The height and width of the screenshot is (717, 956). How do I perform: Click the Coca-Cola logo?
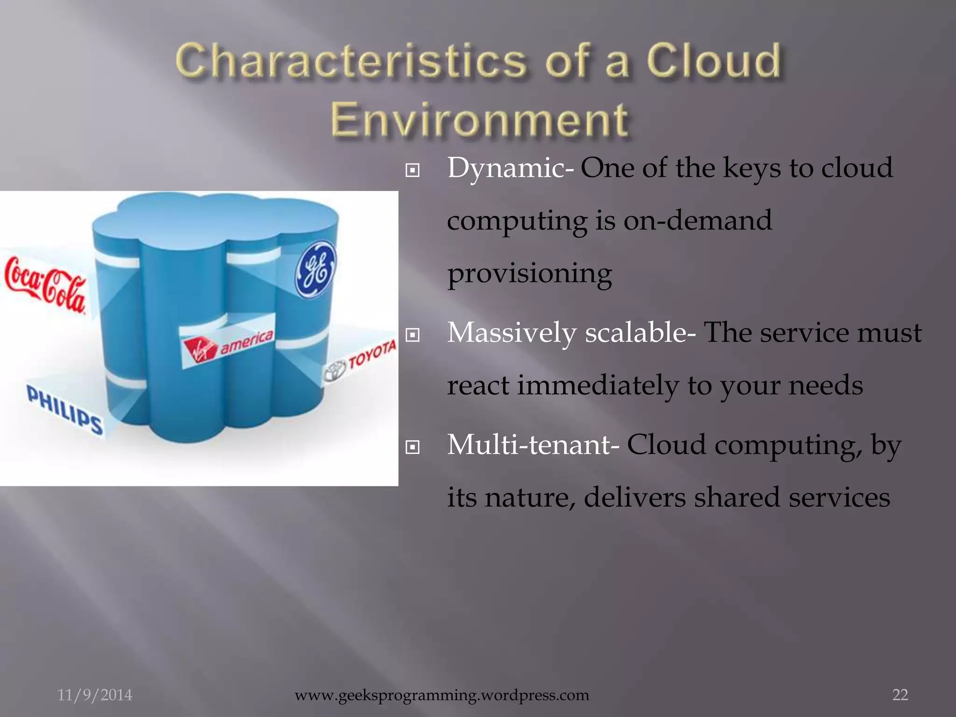[x=45, y=284]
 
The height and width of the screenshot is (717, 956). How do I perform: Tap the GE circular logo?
[x=316, y=270]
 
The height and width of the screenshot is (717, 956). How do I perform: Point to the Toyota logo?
[x=360, y=362]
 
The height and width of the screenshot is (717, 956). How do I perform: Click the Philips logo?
[x=64, y=409]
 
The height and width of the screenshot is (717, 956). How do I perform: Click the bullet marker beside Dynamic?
[x=412, y=170]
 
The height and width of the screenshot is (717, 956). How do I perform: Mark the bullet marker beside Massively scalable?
[x=412, y=335]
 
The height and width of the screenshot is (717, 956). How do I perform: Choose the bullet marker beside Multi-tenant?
[x=412, y=447]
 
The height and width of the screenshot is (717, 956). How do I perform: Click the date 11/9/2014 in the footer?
[x=95, y=695]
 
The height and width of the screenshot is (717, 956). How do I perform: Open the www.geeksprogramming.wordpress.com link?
[x=442, y=695]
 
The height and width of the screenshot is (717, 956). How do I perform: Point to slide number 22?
[x=900, y=695]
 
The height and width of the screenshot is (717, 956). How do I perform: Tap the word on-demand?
[x=697, y=220]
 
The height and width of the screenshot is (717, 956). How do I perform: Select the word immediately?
[x=597, y=386]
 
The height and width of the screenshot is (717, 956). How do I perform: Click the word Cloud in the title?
[x=713, y=61]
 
